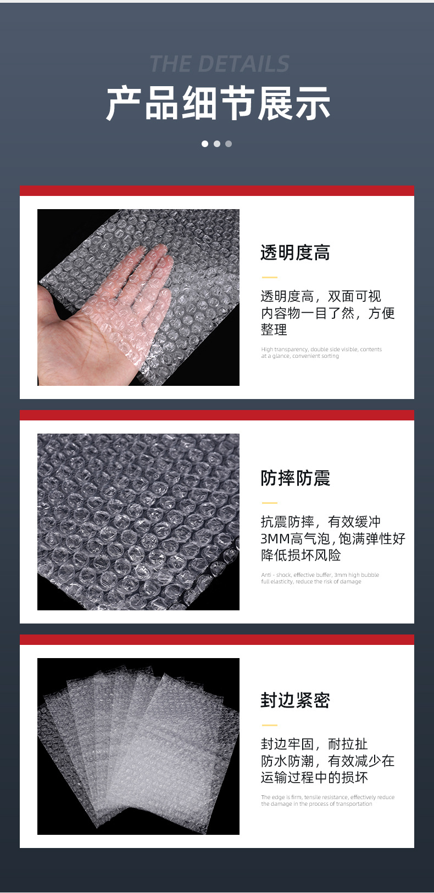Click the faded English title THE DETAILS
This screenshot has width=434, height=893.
pyautogui.click(x=219, y=64)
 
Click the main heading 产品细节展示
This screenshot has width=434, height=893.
pyautogui.click(x=218, y=104)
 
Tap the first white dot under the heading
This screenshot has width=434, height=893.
pyautogui.click(x=205, y=144)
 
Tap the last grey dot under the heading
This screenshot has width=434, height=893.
pyautogui.click(x=229, y=144)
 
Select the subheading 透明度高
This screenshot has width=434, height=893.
pyautogui.click(x=295, y=253)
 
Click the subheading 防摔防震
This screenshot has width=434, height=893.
pyautogui.click(x=295, y=478)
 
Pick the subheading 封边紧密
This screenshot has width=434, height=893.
pyautogui.click(x=295, y=700)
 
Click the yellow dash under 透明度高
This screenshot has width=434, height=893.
pyautogui.click(x=269, y=277)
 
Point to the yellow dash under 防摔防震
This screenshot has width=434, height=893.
pyautogui.click(x=269, y=502)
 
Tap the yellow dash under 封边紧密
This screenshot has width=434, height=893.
pyautogui.click(x=269, y=725)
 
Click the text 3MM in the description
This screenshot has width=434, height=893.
pyautogui.click(x=275, y=539)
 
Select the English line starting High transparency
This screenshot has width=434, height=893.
pyautogui.click(x=321, y=350)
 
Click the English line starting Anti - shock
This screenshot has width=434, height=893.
pyautogui.click(x=320, y=575)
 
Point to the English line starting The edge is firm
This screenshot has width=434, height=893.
pyautogui.click(x=327, y=797)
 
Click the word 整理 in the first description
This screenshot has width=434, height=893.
pyautogui.click(x=274, y=330)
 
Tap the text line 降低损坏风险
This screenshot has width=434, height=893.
pyautogui.click(x=301, y=555)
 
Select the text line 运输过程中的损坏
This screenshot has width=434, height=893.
pyautogui.click(x=314, y=778)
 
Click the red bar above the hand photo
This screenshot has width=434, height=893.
pyautogui.click(x=217, y=190)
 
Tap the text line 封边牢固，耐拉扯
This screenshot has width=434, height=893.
pyautogui.click(x=314, y=744)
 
